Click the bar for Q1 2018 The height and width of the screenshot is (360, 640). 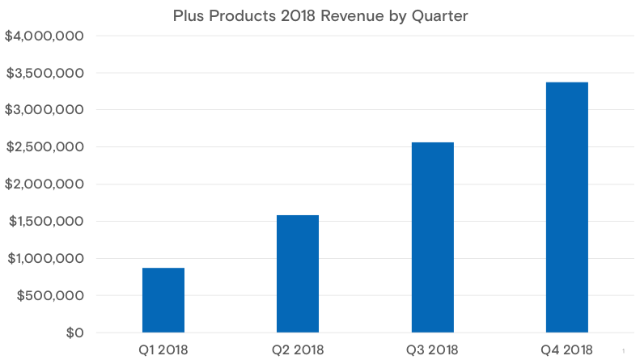coord(163,300)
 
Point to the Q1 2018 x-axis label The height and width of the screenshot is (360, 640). coord(163,349)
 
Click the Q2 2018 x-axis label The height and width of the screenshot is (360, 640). coord(298,349)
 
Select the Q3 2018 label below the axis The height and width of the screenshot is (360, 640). coord(432,349)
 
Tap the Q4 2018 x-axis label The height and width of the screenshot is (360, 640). coord(566,349)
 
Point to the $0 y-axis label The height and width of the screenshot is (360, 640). coord(74,333)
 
